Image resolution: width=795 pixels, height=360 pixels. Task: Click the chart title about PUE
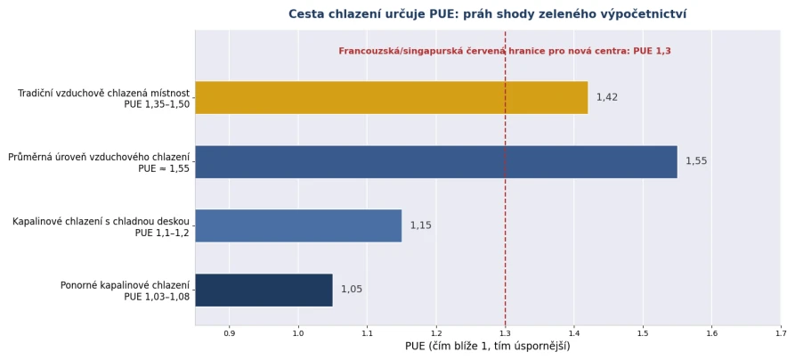pos(487,14)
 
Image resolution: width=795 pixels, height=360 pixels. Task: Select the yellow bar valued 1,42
pos(392,97)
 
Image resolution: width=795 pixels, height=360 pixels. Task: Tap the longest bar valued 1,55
pos(436,162)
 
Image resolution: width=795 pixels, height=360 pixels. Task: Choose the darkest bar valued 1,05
pos(264,290)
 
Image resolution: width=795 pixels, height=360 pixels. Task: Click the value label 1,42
pos(607,97)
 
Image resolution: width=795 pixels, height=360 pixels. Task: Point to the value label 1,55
pos(696,161)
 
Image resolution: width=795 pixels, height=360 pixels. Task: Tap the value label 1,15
pos(421,225)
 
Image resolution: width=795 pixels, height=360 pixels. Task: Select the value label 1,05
pos(352,290)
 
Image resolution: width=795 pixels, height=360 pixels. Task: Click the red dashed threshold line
pos(505,177)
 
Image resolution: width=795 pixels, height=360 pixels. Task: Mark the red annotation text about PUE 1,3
pos(505,51)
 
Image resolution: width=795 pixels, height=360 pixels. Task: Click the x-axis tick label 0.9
pos(229,333)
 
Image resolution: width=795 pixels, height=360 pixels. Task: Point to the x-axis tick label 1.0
pos(298,333)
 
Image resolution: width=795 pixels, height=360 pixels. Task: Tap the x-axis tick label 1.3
pos(505,333)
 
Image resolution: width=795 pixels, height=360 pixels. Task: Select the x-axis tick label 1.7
pos(781,333)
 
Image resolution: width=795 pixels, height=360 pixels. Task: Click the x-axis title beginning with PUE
pos(488,347)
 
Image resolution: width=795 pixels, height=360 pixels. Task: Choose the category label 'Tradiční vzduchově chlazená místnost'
pos(104,93)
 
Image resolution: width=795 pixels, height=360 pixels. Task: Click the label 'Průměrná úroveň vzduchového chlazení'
pos(99,157)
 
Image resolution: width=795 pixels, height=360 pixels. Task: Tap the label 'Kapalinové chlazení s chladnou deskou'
pos(101,221)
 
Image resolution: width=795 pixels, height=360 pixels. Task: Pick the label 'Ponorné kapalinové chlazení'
pos(126,285)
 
